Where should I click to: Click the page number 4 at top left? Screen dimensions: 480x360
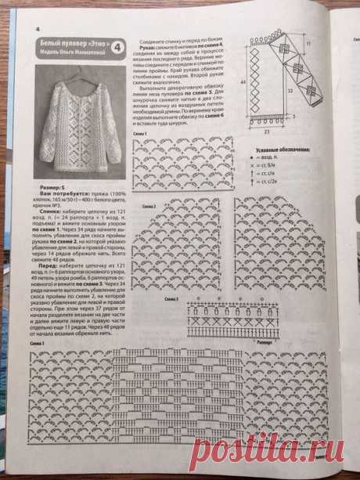tap(37, 30)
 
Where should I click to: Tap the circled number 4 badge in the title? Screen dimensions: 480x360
tap(117, 46)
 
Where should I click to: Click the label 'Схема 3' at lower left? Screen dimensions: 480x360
tap(38, 344)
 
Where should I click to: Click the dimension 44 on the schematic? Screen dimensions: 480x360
tap(244, 81)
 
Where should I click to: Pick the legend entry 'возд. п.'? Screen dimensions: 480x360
tap(284, 157)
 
